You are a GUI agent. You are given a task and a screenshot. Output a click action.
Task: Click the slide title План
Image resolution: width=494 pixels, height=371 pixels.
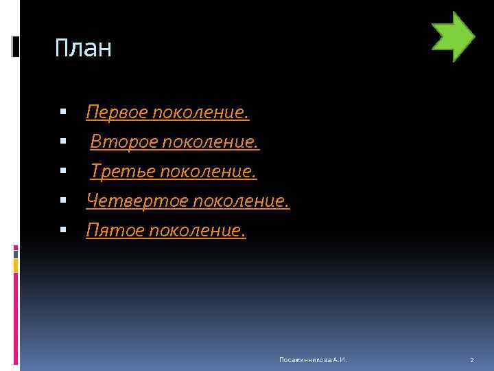(83, 49)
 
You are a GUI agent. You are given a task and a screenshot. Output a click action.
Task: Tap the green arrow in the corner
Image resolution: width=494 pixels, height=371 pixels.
(453, 36)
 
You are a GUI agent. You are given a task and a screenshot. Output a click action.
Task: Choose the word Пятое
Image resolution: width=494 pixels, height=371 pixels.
(110, 231)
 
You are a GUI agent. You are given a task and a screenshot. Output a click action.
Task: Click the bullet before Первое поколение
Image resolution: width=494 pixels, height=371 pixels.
(63, 111)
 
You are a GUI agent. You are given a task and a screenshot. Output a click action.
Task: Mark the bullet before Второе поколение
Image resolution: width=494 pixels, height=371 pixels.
(63, 141)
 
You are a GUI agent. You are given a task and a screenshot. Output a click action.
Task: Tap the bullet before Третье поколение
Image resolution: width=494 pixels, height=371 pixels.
(63, 170)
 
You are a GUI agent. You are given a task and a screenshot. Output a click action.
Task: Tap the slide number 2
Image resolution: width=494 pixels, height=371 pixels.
(472, 360)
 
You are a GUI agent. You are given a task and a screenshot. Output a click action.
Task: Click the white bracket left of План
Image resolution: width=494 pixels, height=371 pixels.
(16, 46)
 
